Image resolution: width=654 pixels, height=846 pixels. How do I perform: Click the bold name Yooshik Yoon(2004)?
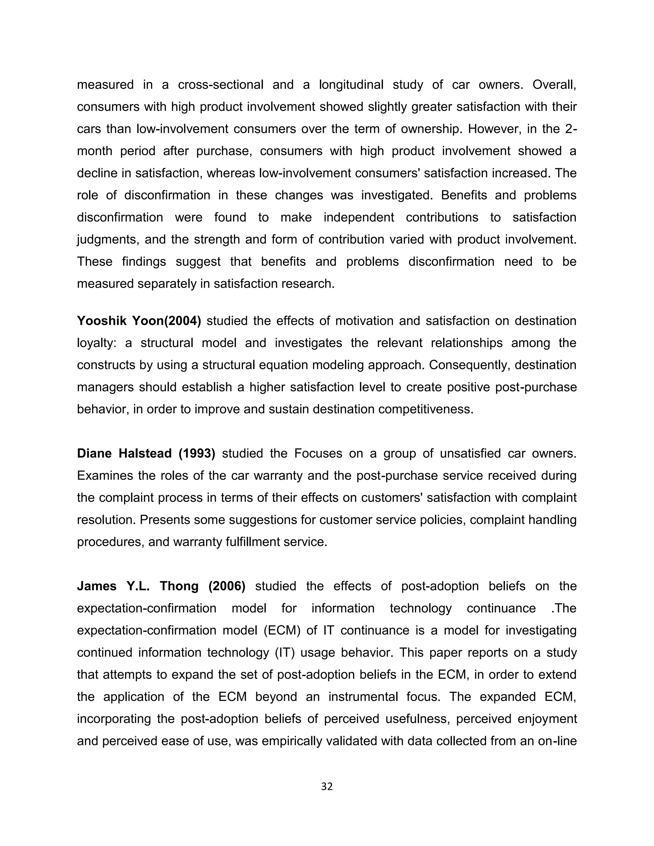click(139, 321)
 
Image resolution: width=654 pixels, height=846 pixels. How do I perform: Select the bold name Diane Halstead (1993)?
click(146, 453)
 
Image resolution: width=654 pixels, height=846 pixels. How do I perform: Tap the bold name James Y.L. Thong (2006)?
click(161, 586)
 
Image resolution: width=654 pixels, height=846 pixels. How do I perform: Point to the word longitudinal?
click(351, 85)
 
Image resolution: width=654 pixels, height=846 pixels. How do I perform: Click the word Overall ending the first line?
click(554, 85)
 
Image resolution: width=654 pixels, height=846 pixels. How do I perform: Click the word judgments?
click(107, 240)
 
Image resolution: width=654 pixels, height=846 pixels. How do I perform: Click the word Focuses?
click(318, 453)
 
